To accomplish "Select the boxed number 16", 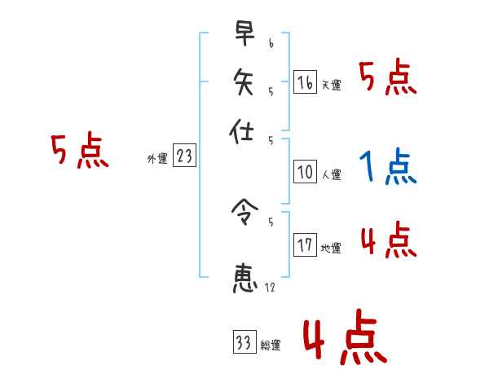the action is (x=305, y=81).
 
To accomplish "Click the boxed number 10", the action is (x=305, y=172).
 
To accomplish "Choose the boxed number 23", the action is (x=184, y=156).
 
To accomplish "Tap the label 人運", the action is (x=331, y=174).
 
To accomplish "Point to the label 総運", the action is (x=270, y=346).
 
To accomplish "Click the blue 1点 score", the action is (x=387, y=166).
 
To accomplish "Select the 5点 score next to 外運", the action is (x=79, y=152).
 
